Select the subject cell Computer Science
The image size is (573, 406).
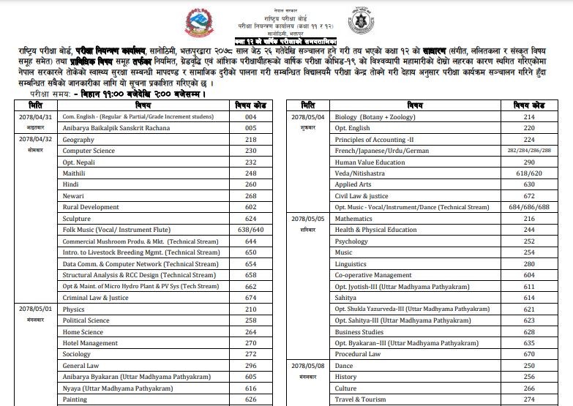pos(89,151)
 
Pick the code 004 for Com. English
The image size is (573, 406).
pos(251,117)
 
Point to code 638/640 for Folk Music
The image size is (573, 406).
pos(251,230)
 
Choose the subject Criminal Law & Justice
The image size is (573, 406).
pos(95,298)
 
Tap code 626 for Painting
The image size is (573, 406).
pos(251,399)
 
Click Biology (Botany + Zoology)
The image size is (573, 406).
pos(375,117)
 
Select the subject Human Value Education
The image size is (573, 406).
pos(370,162)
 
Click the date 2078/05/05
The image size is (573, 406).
pos(307,219)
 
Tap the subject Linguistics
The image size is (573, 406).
pos(351,264)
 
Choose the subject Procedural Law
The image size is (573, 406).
pos(358,354)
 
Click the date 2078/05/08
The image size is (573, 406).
pos(307,366)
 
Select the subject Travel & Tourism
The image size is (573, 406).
pos(360,399)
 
